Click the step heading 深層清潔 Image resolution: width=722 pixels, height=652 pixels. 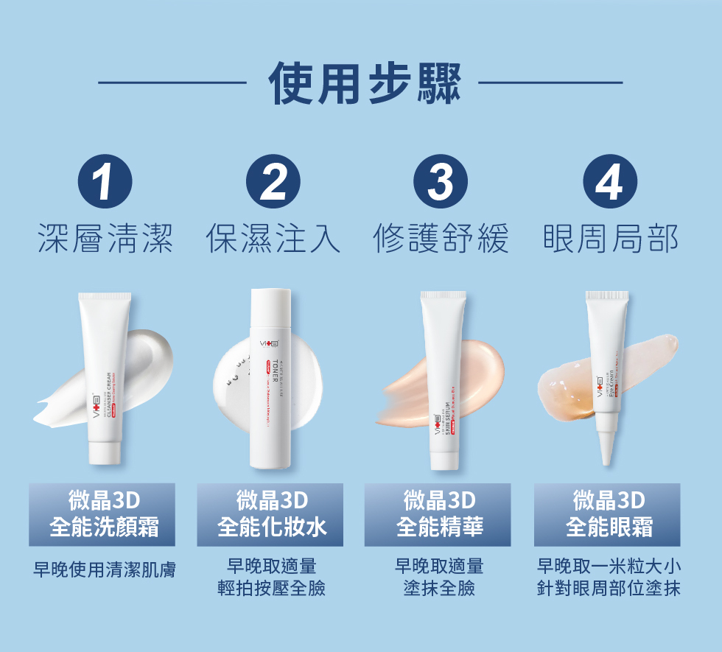[x=105, y=239]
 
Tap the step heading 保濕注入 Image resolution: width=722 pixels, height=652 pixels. [x=273, y=239]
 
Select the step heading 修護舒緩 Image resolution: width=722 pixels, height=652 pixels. [x=441, y=239]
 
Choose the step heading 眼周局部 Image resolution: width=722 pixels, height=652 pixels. [x=609, y=239]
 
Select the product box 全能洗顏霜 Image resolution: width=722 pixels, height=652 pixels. [x=102, y=514]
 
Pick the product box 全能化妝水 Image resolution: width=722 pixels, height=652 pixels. [x=270, y=514]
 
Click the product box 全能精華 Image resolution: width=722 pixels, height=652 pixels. [x=438, y=514]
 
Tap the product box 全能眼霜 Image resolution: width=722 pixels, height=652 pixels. [x=607, y=514]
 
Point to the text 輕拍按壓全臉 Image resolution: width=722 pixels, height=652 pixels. [x=271, y=589]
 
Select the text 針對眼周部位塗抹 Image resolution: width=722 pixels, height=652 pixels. [x=609, y=589]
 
